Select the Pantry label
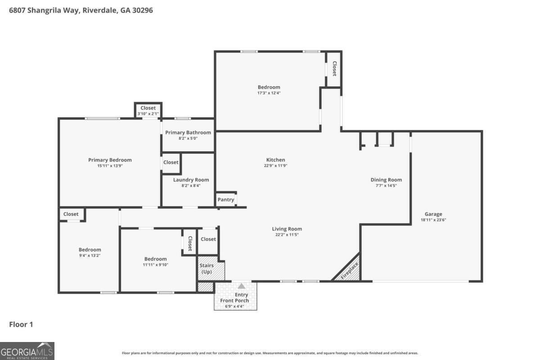[225, 200]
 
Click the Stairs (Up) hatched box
[207, 269]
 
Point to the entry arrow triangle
[242, 286]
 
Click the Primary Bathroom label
[188, 132]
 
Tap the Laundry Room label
[191, 180]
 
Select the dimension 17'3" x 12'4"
[269, 93]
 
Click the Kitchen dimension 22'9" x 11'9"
[275, 166]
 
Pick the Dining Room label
[386, 180]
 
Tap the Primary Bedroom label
[110, 160]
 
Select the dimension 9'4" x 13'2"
[90, 256]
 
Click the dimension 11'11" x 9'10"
[155, 265]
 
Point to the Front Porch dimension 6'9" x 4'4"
[234, 306]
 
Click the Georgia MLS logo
[27, 351]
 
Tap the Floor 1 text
[21, 324]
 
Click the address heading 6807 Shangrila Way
[81, 10]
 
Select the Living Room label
[287, 229]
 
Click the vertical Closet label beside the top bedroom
[334, 69]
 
